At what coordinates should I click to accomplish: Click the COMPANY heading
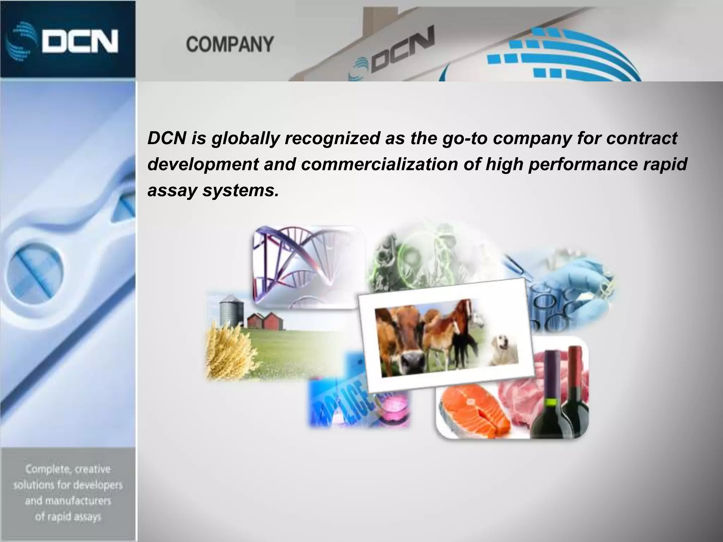pos(229,44)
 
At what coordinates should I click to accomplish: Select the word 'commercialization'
pos(379,164)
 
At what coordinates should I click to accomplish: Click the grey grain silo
pos(229,311)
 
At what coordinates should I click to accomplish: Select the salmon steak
pos(473,409)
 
